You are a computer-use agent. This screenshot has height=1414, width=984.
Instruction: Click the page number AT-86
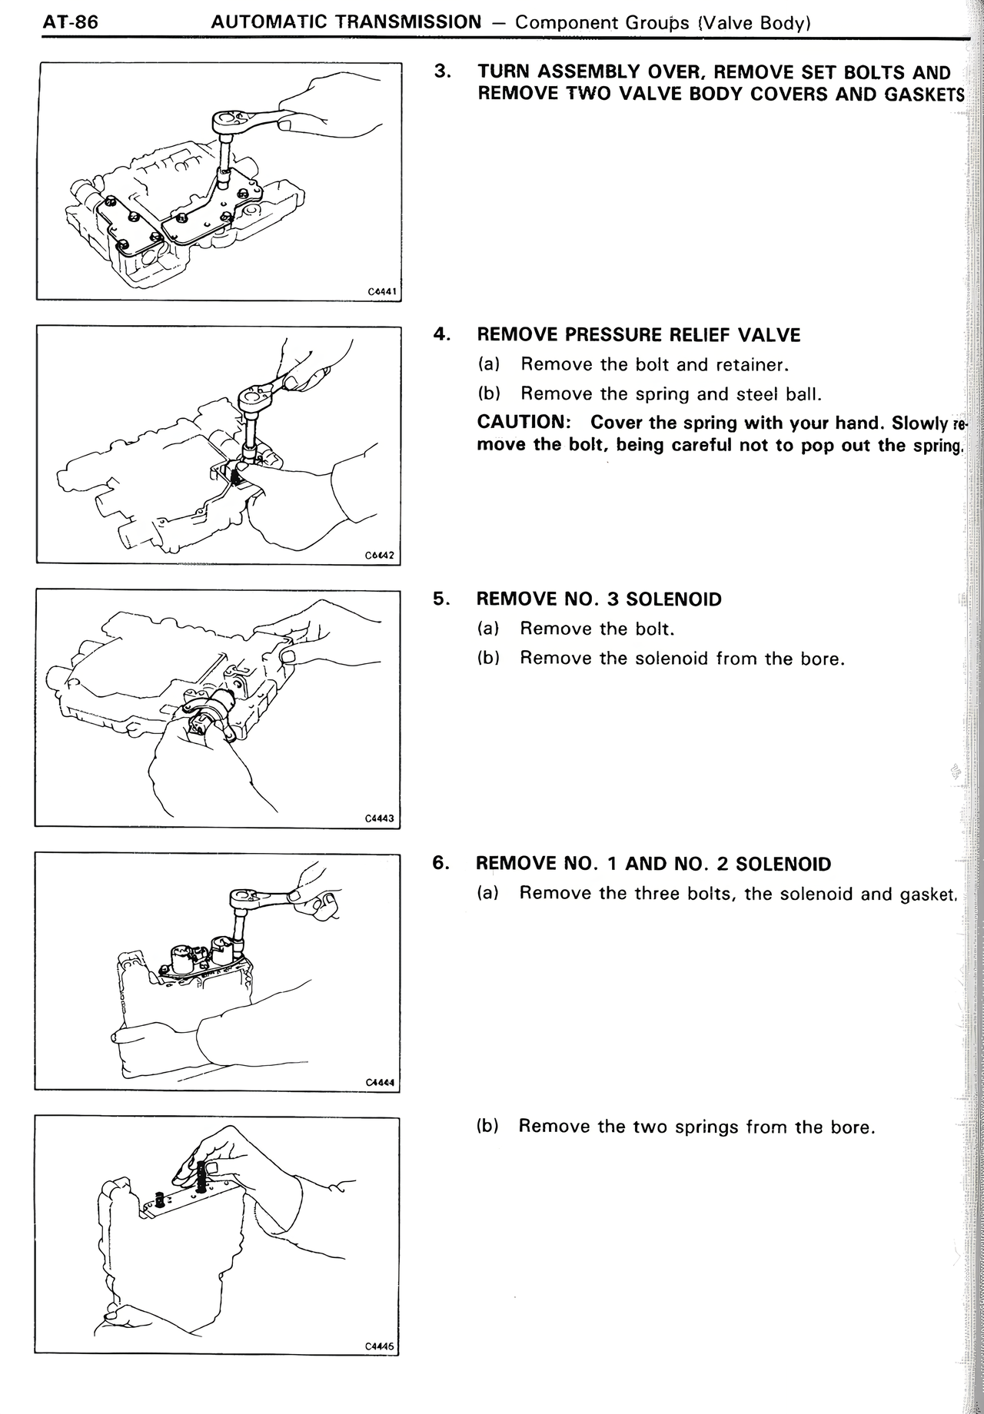click(x=60, y=22)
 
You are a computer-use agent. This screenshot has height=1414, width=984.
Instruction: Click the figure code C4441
click(x=381, y=292)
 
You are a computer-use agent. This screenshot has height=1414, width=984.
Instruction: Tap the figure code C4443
click(x=380, y=819)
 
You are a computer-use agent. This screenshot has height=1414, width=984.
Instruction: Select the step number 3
click(x=441, y=72)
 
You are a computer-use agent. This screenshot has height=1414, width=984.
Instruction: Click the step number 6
click(x=440, y=863)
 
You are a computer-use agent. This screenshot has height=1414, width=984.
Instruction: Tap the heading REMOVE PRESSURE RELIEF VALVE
click(x=638, y=335)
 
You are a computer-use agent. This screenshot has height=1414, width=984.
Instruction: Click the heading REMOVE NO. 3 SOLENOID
click(x=599, y=599)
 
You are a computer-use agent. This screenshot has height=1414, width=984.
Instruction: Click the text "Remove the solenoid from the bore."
click(x=682, y=659)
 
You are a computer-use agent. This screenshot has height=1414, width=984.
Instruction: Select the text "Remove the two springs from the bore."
click(x=696, y=1127)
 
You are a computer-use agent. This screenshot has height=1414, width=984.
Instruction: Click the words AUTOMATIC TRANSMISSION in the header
click(x=345, y=22)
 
